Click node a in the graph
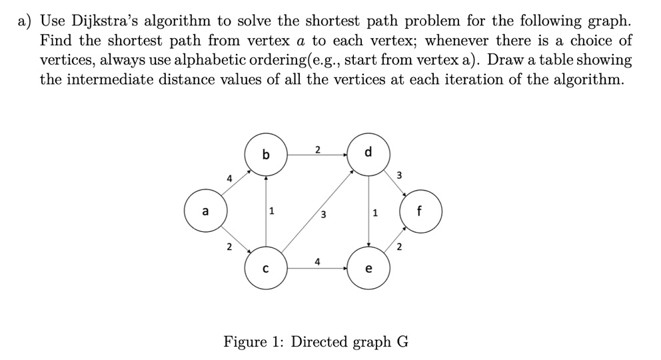(x=205, y=212)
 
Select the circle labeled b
(x=267, y=155)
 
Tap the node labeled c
(x=267, y=270)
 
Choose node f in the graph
(x=419, y=214)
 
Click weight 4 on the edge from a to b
(x=230, y=179)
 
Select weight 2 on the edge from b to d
(x=318, y=149)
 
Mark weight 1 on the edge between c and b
(x=273, y=213)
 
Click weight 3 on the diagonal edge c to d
(x=323, y=215)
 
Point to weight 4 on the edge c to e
(x=318, y=261)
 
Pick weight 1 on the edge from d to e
(x=376, y=214)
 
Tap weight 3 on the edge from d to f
(x=399, y=176)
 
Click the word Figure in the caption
(x=248, y=343)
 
